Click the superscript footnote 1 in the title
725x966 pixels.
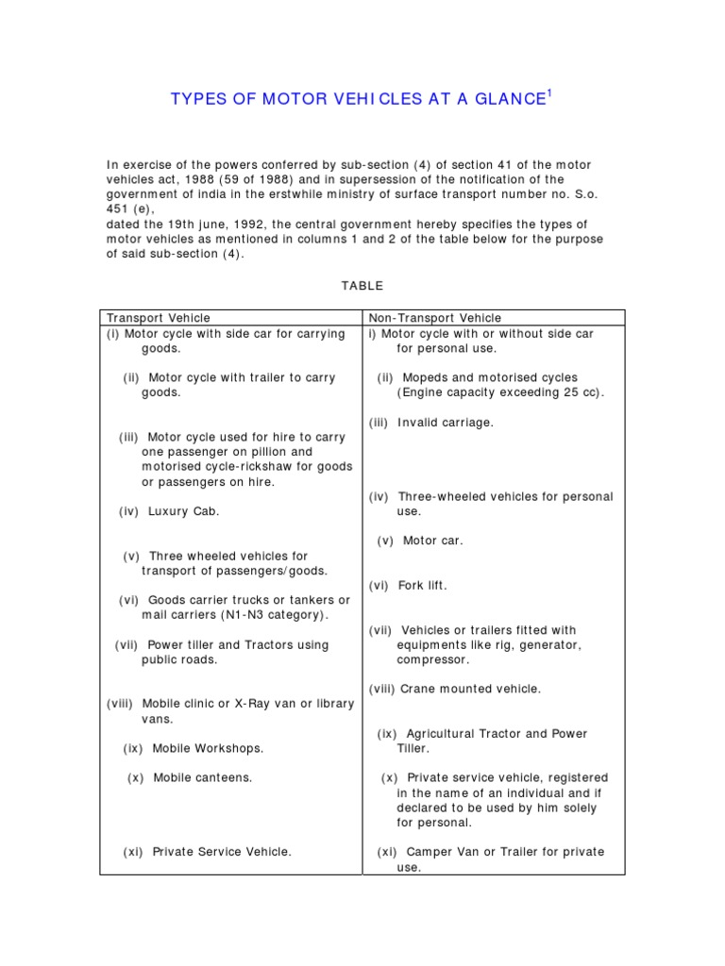point(549,93)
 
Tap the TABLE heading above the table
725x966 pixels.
point(362,285)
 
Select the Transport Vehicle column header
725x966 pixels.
point(158,318)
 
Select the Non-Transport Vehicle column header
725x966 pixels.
point(435,318)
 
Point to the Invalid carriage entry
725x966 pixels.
point(446,423)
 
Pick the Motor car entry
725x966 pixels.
point(432,541)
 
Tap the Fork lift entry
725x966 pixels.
point(422,585)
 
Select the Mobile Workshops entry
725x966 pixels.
point(208,748)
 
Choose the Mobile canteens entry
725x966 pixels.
point(202,777)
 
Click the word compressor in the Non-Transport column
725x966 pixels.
point(432,659)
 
